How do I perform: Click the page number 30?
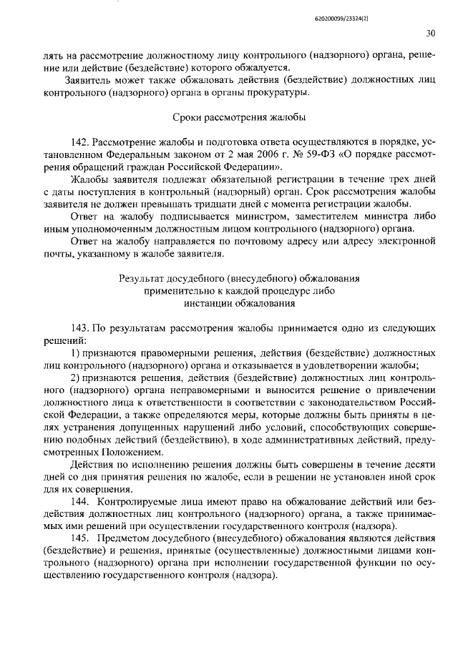pyautogui.click(x=430, y=33)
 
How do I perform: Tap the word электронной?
pyautogui.click(x=404, y=239)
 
